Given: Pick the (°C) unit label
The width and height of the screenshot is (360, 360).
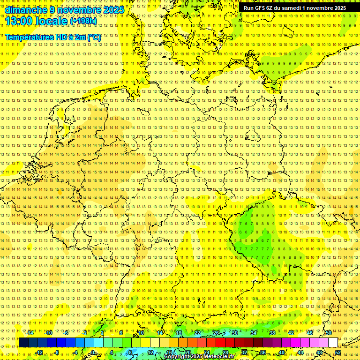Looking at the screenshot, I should [94, 37].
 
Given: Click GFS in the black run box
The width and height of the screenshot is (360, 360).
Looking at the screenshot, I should [260, 8].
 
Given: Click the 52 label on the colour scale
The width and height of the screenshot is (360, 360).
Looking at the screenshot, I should [337, 352].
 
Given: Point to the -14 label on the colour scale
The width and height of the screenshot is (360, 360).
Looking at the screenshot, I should [30, 333].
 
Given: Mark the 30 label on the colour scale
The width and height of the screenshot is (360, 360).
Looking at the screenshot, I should [235, 333].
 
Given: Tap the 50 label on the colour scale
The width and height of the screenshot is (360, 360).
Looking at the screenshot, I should [329, 333].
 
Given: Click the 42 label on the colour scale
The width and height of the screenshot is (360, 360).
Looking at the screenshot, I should [291, 333].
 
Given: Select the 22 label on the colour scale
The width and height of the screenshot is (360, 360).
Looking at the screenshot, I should [197, 333].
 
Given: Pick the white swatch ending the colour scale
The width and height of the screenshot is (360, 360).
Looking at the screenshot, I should [333, 343].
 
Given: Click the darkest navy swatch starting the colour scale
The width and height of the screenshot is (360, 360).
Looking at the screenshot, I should [23, 343].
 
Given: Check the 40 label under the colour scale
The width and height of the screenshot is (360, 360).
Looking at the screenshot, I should [281, 352].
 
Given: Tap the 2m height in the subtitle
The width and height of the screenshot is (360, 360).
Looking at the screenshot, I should [80, 37].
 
